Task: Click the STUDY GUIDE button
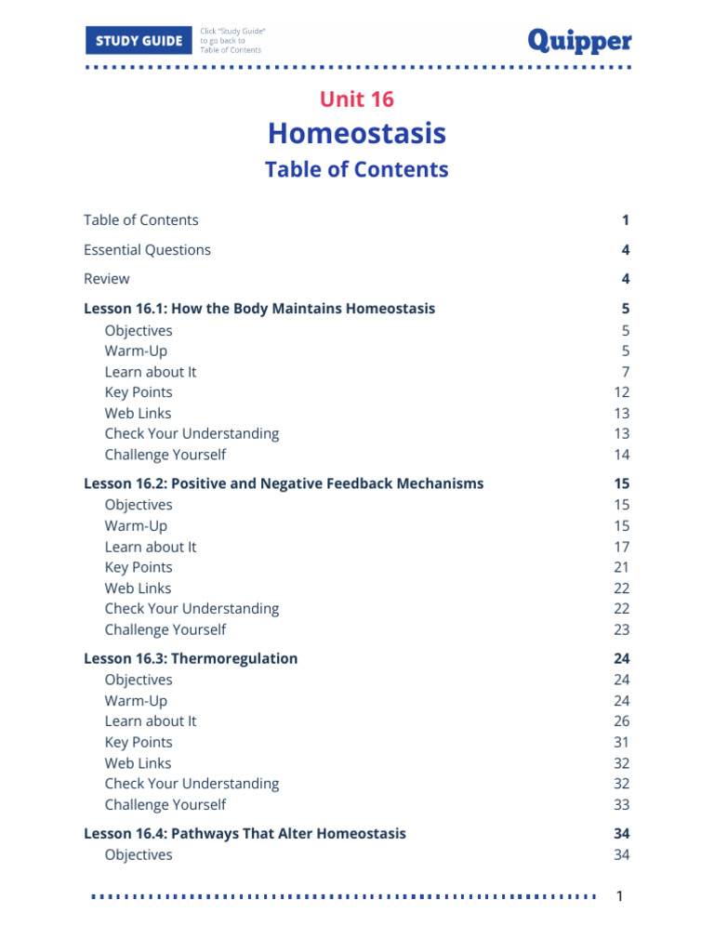139,41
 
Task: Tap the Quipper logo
579,40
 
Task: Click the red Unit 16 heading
357,99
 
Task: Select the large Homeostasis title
357,133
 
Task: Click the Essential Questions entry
147,249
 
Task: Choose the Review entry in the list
107,278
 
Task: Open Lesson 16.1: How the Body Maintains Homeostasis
259,308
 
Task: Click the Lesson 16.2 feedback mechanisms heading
284,483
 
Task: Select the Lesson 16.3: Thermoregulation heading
191,658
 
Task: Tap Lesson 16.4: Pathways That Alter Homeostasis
245,833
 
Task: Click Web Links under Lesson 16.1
138,413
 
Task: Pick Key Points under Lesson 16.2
139,567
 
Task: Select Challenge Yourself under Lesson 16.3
165,804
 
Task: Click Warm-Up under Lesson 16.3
136,700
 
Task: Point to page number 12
621,392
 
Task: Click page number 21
621,567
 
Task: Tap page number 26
621,721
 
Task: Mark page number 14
621,455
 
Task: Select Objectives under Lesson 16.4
139,854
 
